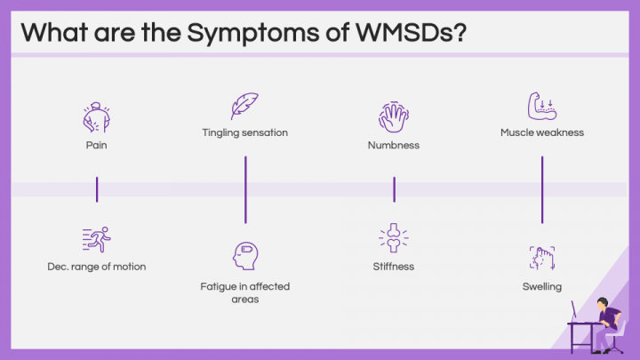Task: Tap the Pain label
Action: pos(97,145)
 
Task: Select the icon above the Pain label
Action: pos(97,116)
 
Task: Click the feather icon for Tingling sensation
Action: pos(244,106)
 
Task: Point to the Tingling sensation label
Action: pos(244,133)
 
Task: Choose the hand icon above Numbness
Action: pos(393,116)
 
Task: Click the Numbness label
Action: pos(393,145)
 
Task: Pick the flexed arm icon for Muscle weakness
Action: pos(541,106)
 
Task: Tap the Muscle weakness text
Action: pos(541,133)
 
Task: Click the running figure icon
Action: pos(97,238)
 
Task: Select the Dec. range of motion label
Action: pos(97,267)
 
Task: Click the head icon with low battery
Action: pos(244,256)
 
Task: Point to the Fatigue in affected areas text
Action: pos(244,292)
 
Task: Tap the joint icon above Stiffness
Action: pos(393,238)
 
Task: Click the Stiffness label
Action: pos(393,267)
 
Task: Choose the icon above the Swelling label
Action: pos(541,258)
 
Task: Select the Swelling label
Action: pos(541,286)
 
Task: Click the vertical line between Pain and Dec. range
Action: pos(97,189)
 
